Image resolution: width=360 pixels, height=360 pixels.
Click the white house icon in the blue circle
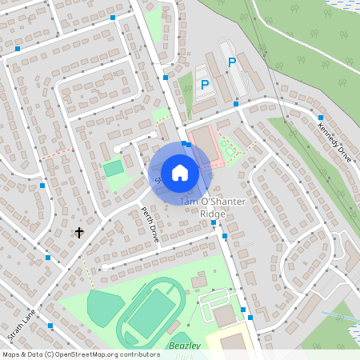(180, 172)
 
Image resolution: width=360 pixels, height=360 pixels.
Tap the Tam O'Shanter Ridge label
(212, 207)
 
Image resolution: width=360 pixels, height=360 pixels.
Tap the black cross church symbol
(79, 233)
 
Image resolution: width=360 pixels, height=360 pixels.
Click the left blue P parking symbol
(205, 84)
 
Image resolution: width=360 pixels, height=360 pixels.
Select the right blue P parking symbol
(232, 62)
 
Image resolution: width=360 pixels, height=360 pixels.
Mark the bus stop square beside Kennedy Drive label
(321, 118)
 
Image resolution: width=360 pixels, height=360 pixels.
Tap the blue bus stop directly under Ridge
(213, 223)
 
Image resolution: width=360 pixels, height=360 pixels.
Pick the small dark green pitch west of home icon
(114, 168)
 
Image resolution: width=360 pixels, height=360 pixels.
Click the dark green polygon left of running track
(100, 306)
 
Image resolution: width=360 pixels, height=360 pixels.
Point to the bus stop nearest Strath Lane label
(50, 325)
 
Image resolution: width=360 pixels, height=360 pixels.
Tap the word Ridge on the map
(212, 214)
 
